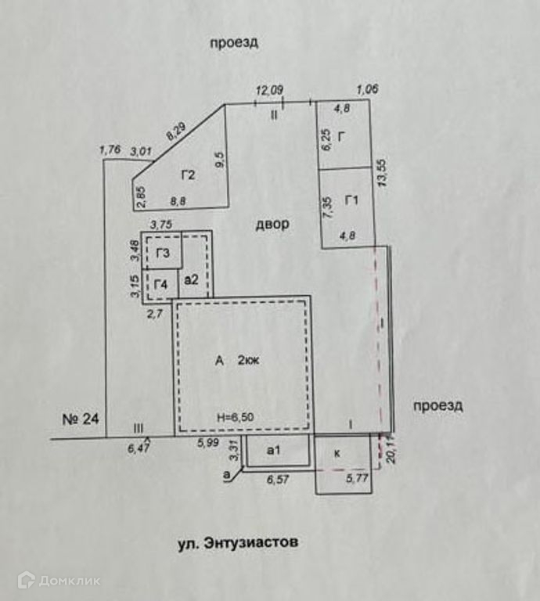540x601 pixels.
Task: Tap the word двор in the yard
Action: pyautogui.click(x=272, y=225)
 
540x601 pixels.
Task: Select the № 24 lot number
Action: pyautogui.click(x=81, y=419)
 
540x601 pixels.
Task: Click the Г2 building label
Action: pyautogui.click(x=188, y=175)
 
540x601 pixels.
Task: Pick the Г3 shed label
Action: pyautogui.click(x=163, y=253)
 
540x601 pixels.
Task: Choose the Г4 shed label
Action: pyautogui.click(x=161, y=283)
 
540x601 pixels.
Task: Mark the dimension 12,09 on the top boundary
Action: pyautogui.click(x=269, y=91)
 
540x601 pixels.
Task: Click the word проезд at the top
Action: pyautogui.click(x=234, y=43)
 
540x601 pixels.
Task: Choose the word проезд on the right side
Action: pyautogui.click(x=438, y=405)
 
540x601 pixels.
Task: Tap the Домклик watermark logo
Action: pyautogui.click(x=59, y=580)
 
